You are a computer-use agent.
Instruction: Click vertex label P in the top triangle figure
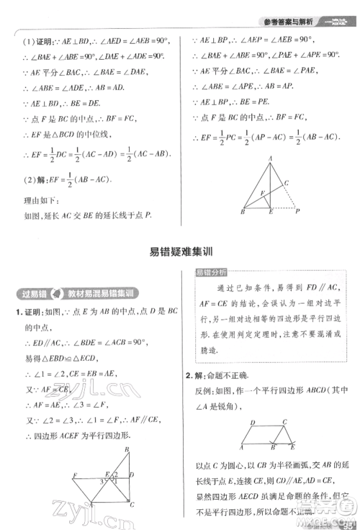[x=297, y=212]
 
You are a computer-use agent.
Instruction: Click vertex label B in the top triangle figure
[x=243, y=212]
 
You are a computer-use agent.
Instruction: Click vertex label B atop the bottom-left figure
[x=127, y=449]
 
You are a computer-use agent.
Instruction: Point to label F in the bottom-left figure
[x=76, y=475]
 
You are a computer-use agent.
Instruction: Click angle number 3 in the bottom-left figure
[x=114, y=474]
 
